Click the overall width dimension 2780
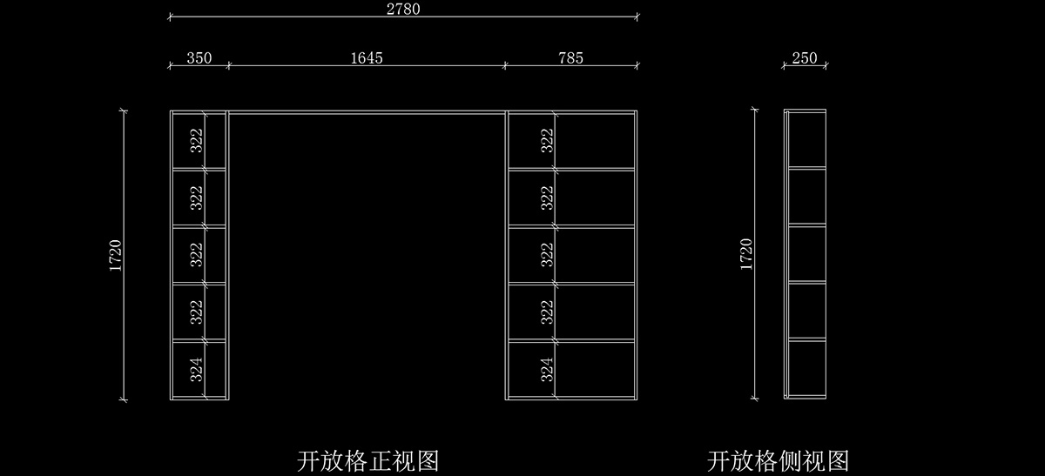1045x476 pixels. pos(403,9)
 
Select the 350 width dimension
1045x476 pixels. pos(199,58)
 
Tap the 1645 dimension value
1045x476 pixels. pos(367,58)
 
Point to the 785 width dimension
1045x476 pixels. pos(570,58)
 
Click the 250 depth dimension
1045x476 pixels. pos(805,58)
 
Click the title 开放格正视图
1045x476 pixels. pos(367,459)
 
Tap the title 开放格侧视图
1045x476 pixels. pos(778,459)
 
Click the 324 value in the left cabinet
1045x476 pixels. pos(197,370)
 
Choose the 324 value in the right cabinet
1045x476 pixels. pos(547,370)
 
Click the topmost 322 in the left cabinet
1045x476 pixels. pos(197,140)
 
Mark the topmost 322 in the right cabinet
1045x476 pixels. pos(547,140)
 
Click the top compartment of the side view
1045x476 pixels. pos(807,140)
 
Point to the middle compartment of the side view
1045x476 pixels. pos(807,254)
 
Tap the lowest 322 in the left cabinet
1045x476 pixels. pos(197,312)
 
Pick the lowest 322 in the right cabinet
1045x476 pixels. pos(547,312)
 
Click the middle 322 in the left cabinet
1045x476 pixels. pos(197,254)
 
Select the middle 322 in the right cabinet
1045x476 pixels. pos(547,254)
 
